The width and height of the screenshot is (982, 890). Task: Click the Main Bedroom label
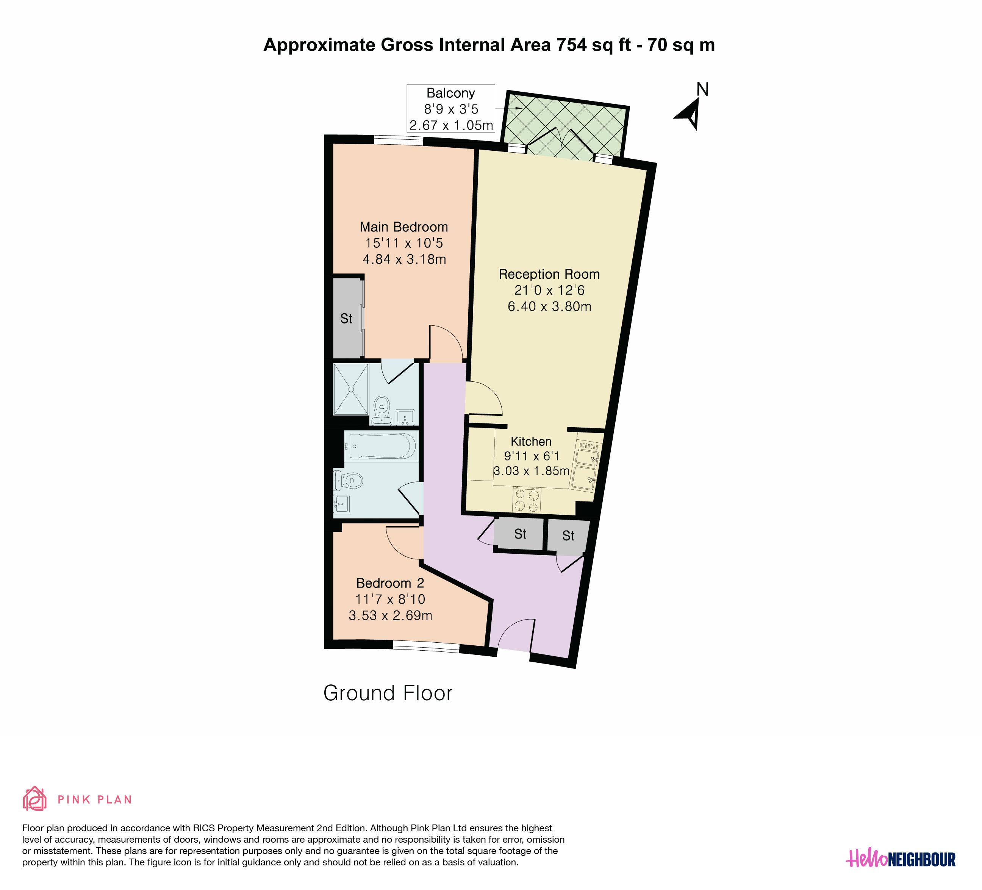[404, 227]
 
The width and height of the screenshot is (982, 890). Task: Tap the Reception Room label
[549, 274]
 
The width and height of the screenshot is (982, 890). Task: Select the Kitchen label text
[531, 442]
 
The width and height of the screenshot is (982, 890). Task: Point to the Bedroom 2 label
[390, 583]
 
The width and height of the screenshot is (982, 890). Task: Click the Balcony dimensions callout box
[450, 109]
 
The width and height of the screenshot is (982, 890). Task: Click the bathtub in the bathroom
[382, 445]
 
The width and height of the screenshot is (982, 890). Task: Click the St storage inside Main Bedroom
[346, 319]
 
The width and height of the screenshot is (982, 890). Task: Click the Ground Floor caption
[388, 693]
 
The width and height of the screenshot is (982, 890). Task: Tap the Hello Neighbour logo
[901, 858]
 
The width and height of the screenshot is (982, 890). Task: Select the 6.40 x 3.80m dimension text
[549, 306]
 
